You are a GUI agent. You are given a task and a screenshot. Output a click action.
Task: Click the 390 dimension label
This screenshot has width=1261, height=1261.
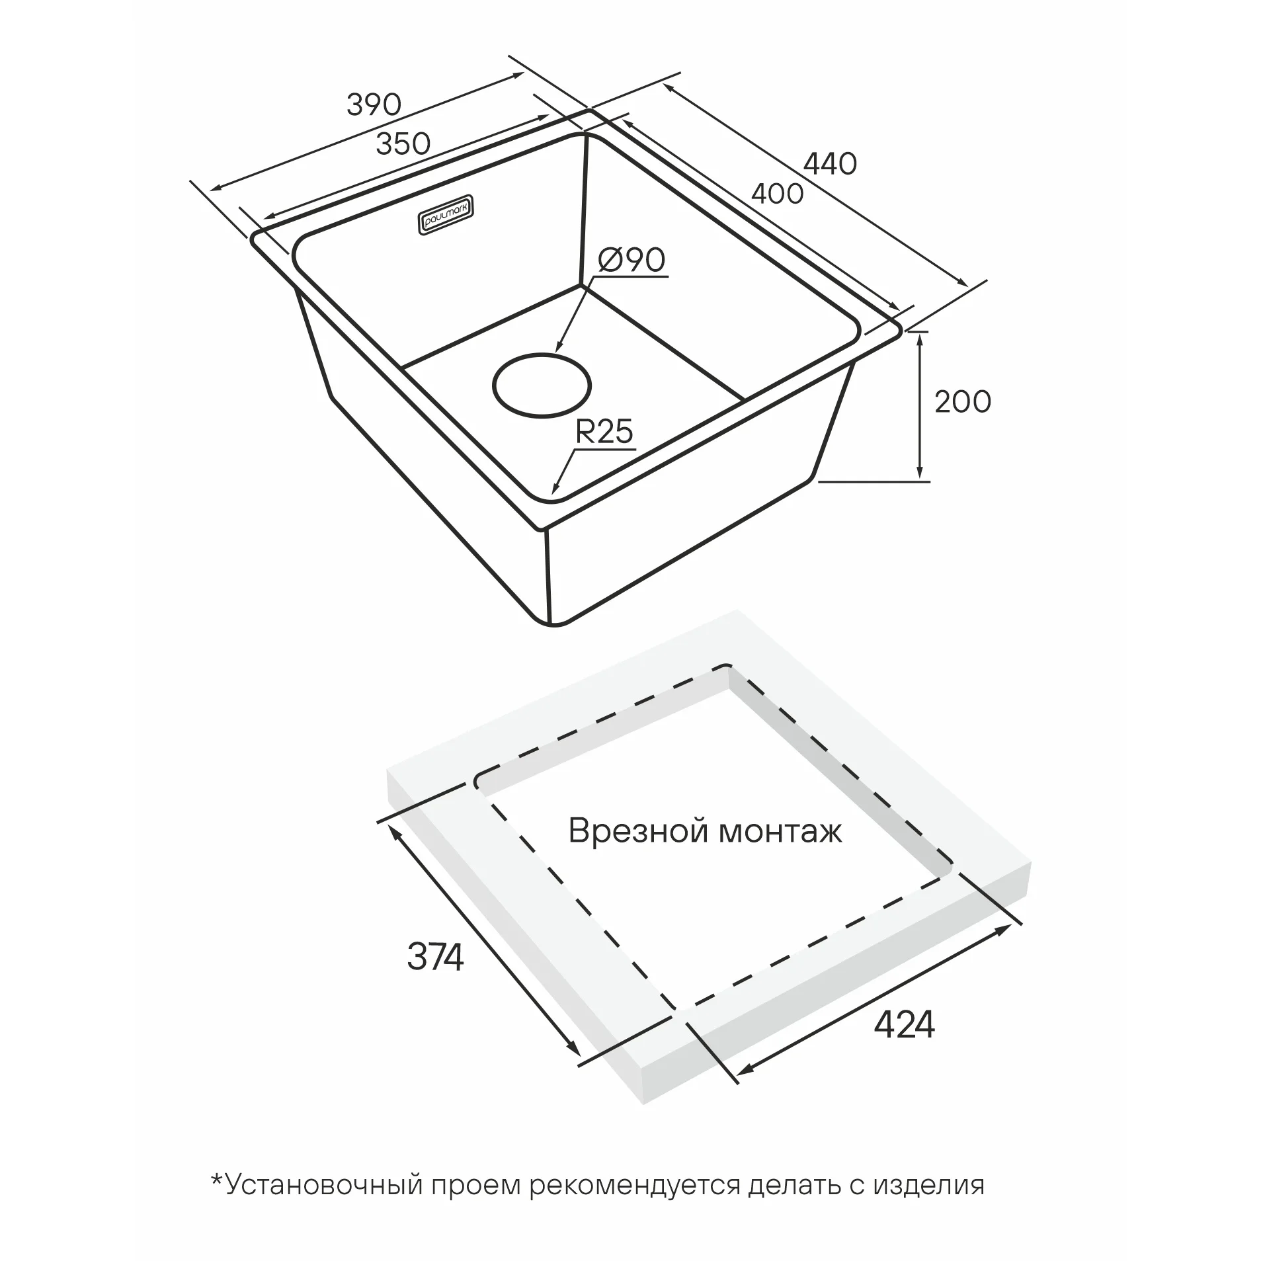point(374,104)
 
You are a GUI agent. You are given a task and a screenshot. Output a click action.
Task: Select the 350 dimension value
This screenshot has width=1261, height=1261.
point(403,143)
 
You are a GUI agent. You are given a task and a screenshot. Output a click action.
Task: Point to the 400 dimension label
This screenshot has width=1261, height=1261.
point(777,193)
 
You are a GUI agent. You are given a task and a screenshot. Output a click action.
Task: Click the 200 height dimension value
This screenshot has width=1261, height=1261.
point(962,401)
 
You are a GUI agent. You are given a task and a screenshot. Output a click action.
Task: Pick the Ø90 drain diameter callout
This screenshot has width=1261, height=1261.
point(631,261)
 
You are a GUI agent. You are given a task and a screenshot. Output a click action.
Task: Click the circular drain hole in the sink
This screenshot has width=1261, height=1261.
point(542,386)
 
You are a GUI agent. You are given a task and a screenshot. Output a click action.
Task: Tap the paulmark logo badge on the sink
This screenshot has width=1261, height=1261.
point(446,213)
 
